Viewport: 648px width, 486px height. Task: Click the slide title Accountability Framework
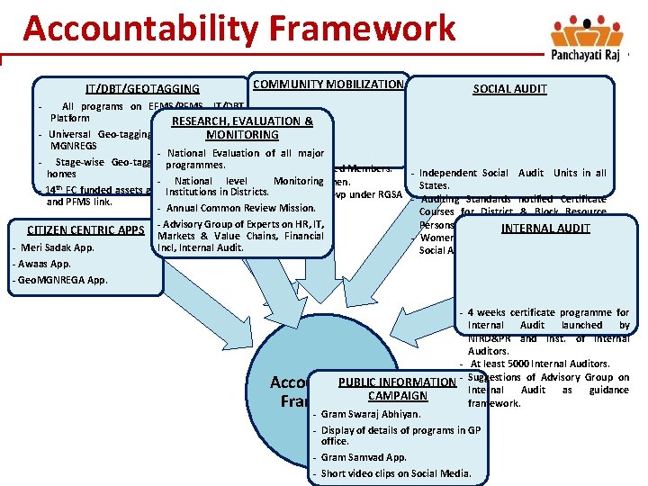(239, 29)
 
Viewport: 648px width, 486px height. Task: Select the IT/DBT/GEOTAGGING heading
(142, 88)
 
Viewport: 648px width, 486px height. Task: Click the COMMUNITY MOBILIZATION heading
(328, 84)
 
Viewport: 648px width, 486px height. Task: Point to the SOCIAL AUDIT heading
(509, 88)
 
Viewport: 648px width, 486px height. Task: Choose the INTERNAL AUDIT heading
(545, 228)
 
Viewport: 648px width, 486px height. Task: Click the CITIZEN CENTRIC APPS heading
(85, 229)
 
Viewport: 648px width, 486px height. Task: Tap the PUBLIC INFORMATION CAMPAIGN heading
(397, 389)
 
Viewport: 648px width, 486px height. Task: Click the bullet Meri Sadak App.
(57, 247)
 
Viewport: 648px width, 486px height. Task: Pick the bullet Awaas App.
(44, 264)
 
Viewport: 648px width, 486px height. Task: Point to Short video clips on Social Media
(396, 473)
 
